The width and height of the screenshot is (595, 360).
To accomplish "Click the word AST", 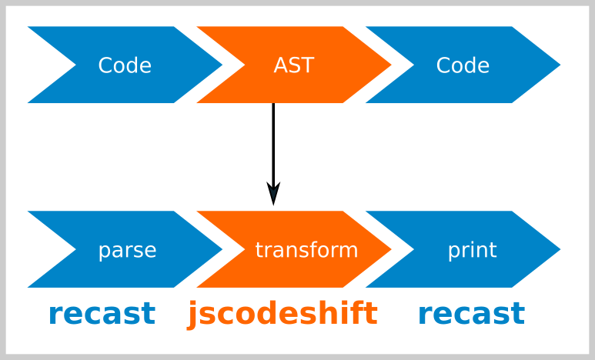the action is (x=294, y=65).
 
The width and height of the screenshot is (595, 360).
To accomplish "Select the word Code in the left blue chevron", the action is (x=125, y=65).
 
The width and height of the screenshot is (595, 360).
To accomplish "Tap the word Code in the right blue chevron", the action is (x=463, y=65).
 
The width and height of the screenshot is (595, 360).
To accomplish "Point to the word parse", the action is (x=128, y=250).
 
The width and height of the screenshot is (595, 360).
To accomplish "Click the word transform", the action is (x=306, y=249).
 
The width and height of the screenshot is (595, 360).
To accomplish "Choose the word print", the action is (x=473, y=250).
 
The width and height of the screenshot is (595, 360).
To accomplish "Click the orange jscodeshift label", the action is (x=282, y=314).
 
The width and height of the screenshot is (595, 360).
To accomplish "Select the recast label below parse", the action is (x=102, y=314).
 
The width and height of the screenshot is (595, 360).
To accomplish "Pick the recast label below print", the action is (x=472, y=314).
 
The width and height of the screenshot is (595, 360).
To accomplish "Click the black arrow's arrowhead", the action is (x=273, y=194).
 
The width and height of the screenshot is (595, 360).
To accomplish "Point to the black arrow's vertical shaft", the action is (x=273, y=144).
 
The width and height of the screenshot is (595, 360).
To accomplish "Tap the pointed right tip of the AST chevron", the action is (x=391, y=65).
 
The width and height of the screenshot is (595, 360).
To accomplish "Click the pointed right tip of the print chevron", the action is (x=560, y=249).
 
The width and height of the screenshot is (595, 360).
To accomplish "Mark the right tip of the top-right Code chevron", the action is (x=560, y=65).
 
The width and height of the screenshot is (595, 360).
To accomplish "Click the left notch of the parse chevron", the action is (x=76, y=249).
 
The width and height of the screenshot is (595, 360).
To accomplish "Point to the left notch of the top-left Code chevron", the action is (x=76, y=65).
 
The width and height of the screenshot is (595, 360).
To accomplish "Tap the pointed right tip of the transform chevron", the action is (x=391, y=249).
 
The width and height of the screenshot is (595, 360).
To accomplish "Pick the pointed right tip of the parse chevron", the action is (x=222, y=249).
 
